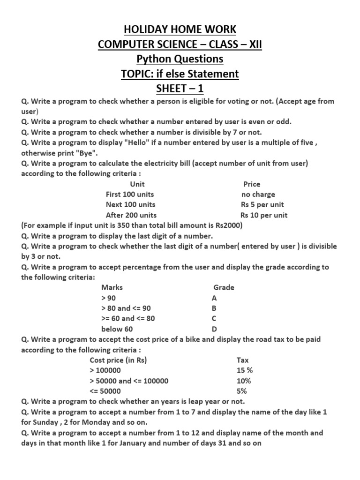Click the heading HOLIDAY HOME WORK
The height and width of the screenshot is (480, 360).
point(180,30)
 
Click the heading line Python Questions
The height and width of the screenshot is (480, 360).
point(180,59)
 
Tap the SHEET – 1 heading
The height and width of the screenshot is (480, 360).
point(180,89)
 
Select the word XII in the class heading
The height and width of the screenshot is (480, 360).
point(258,45)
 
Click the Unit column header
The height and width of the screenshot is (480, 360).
point(137,184)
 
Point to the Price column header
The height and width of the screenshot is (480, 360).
point(252,184)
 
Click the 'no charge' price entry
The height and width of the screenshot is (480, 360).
point(258,195)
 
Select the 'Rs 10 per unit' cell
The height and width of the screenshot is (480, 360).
point(264,215)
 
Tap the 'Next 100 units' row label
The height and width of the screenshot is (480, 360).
point(130,205)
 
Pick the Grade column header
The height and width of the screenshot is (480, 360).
point(224,287)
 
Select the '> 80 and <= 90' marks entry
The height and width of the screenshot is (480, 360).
point(126,308)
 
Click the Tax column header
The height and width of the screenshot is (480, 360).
point(243,360)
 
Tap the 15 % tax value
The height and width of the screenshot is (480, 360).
point(245,370)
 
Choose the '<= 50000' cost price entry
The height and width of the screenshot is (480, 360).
point(105,391)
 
